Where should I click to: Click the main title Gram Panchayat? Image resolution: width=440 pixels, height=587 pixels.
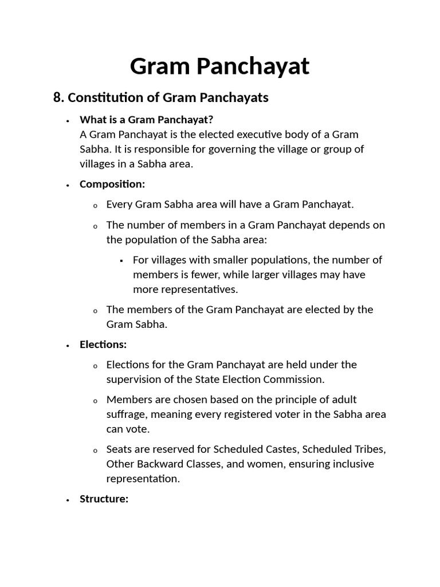click(219, 66)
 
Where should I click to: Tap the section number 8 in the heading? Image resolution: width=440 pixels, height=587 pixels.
click(57, 97)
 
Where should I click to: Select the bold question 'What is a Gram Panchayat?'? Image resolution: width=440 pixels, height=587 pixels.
click(146, 119)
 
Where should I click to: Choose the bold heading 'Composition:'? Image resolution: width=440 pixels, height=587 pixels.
click(112, 184)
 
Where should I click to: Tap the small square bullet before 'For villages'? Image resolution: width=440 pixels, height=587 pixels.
click(122, 260)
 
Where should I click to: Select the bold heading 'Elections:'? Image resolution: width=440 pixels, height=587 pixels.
click(103, 345)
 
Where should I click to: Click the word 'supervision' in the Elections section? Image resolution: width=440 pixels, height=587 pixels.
click(133, 379)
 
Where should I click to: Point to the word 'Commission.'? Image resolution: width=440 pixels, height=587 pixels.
click(296, 379)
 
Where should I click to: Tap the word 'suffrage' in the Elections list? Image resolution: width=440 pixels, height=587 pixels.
click(125, 414)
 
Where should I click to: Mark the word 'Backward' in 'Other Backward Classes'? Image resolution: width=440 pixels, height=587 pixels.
click(157, 464)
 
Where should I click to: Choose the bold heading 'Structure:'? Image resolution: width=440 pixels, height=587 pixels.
click(104, 499)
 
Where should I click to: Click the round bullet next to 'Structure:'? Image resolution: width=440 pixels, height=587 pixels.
click(68, 499)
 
